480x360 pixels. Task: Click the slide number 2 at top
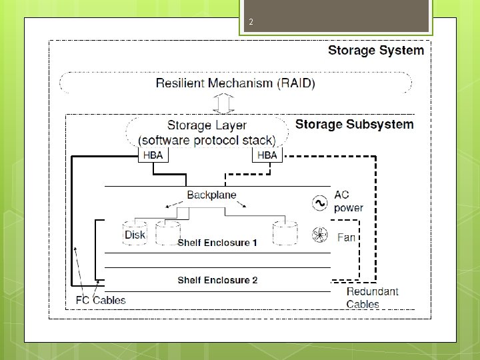coord(251,23)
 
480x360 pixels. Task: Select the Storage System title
coord(375,50)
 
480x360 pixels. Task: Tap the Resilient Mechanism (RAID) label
coord(235,83)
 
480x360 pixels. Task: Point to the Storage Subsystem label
coord(354,125)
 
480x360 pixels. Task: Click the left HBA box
coord(153,155)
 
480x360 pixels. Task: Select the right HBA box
coord(267,155)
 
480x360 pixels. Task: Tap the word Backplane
coord(211,195)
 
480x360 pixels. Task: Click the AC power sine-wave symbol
coord(319,202)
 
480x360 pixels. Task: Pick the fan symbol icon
coord(319,235)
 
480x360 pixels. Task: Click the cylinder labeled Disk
coord(135,233)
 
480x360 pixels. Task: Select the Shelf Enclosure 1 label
coord(217,243)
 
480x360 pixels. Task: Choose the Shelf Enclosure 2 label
coord(217,280)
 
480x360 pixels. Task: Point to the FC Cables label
coord(99,300)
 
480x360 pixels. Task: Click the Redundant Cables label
coord(372,298)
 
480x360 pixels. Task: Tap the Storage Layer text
coord(207,125)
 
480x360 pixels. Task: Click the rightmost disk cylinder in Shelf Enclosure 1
coord(284,231)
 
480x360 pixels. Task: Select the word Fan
coord(346,237)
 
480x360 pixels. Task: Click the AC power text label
coord(349,201)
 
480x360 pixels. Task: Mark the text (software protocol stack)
coord(207,140)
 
